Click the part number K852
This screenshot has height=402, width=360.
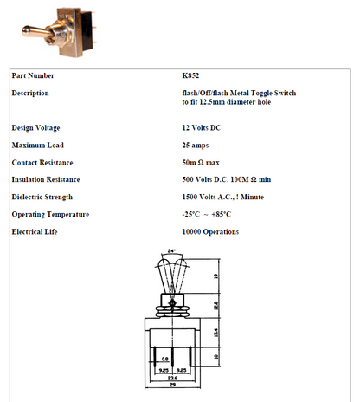point(192,75)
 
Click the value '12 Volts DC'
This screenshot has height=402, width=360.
point(202,127)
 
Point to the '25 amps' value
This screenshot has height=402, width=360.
point(196,145)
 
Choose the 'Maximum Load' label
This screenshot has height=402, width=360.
point(38,145)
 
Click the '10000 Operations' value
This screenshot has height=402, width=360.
point(210,231)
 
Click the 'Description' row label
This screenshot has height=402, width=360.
point(30,93)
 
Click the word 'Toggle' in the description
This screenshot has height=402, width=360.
point(264,93)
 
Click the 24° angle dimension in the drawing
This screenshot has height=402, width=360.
point(171,252)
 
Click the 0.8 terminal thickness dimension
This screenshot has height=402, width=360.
point(165,357)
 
